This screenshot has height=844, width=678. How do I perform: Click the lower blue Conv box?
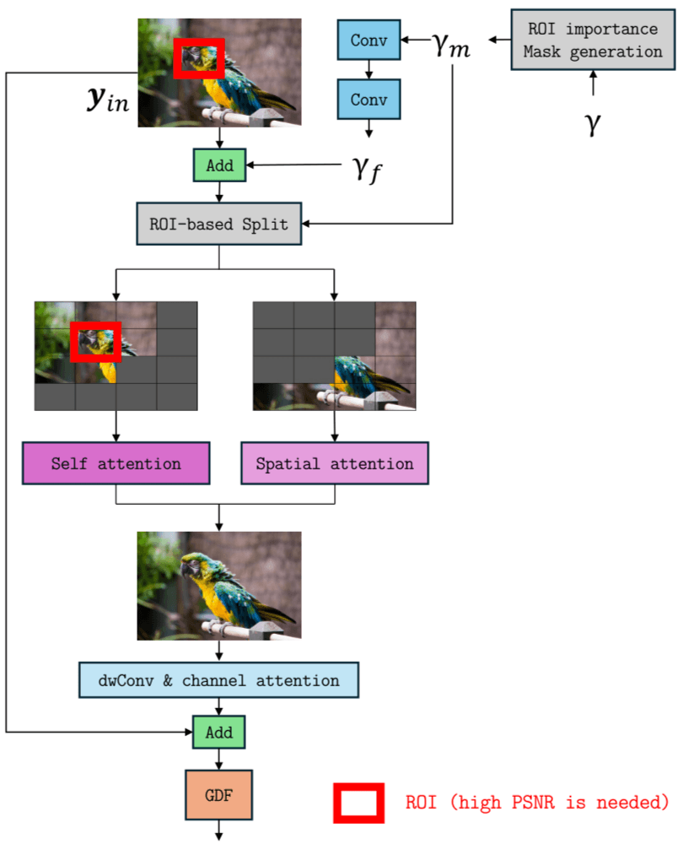tap(369, 100)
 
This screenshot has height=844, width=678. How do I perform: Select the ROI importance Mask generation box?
tap(593, 41)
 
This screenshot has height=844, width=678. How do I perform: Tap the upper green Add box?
tap(219, 165)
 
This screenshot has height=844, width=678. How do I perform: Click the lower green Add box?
tap(219, 732)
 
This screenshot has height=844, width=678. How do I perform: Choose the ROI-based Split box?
tap(219, 225)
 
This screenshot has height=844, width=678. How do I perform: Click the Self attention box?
tap(116, 463)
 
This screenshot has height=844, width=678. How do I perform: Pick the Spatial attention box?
tap(335, 463)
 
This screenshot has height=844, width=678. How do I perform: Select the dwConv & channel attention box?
tap(219, 680)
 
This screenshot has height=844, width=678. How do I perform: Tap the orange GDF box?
tap(219, 795)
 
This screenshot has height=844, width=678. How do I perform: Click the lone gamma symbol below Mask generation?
tap(593, 124)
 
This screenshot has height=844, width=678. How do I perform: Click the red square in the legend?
tap(359, 802)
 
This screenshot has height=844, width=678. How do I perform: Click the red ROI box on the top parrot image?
tap(199, 58)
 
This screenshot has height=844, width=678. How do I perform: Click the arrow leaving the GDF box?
tap(219, 830)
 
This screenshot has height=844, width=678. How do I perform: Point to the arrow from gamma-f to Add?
tap(295, 166)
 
